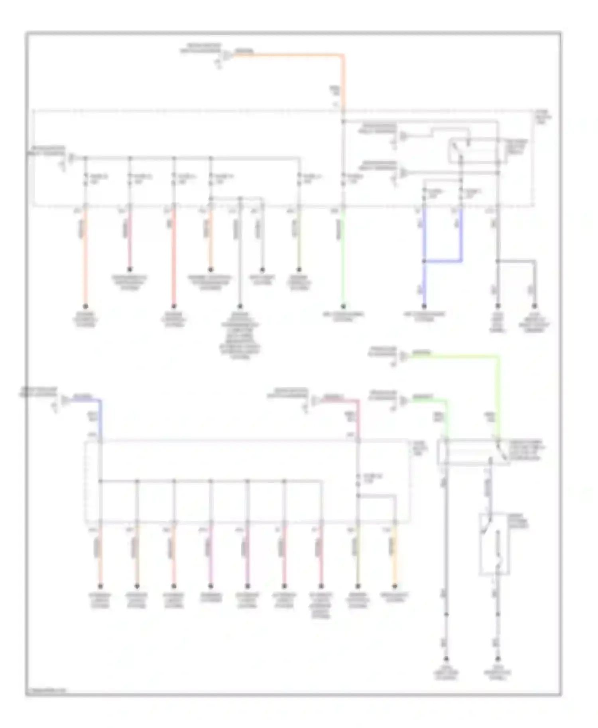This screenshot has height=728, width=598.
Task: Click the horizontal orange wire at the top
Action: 287,55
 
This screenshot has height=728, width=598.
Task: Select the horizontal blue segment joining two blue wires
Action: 443,261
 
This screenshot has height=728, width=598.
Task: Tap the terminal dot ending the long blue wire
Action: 424,306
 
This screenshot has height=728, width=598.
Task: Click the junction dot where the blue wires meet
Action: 424,261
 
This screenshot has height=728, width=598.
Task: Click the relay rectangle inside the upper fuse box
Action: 476,151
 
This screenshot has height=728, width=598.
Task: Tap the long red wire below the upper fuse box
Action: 174,259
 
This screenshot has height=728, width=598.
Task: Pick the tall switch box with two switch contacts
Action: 494,544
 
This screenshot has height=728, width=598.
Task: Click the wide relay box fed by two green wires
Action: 472,452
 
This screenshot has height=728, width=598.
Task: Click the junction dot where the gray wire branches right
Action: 498,261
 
